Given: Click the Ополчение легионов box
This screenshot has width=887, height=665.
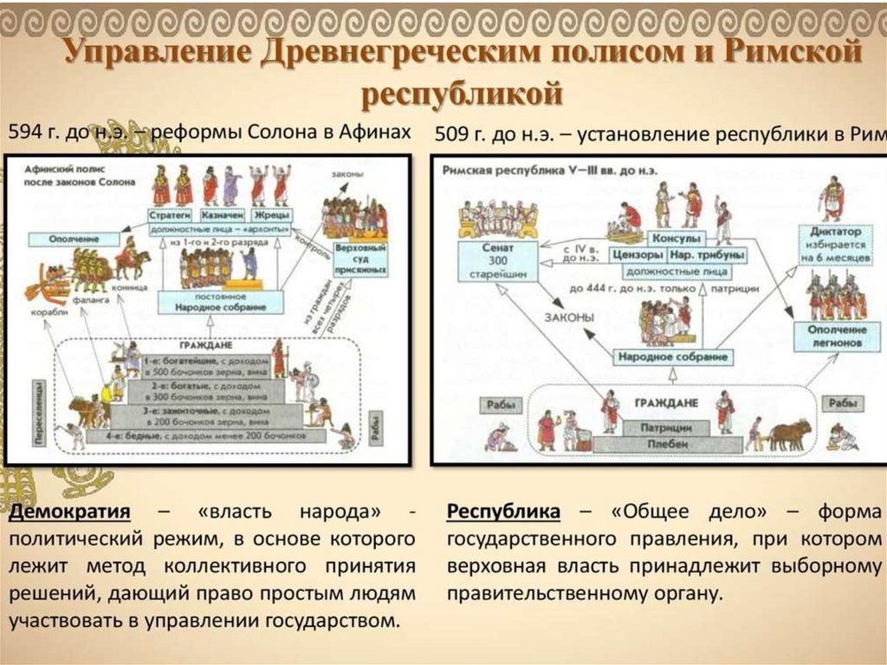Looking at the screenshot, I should pos(838,336).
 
